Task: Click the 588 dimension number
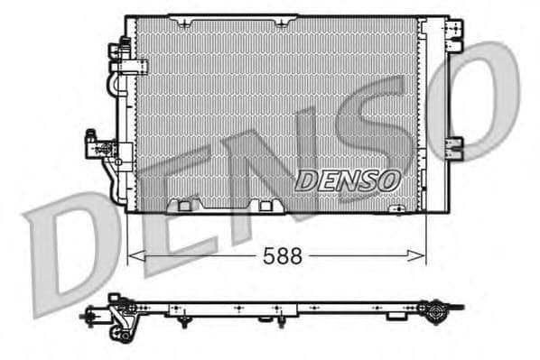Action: (x=283, y=255)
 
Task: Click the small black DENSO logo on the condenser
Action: (x=348, y=180)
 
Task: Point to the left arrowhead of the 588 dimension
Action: (x=133, y=255)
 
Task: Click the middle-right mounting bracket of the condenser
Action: (x=456, y=143)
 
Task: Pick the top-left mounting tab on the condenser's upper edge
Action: (x=177, y=19)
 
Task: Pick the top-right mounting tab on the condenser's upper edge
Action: (x=282, y=19)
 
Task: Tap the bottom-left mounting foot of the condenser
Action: (x=185, y=206)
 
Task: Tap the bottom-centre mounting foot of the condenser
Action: (x=265, y=206)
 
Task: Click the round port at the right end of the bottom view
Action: (x=439, y=315)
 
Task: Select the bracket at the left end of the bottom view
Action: (x=118, y=317)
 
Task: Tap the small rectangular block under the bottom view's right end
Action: (x=395, y=317)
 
